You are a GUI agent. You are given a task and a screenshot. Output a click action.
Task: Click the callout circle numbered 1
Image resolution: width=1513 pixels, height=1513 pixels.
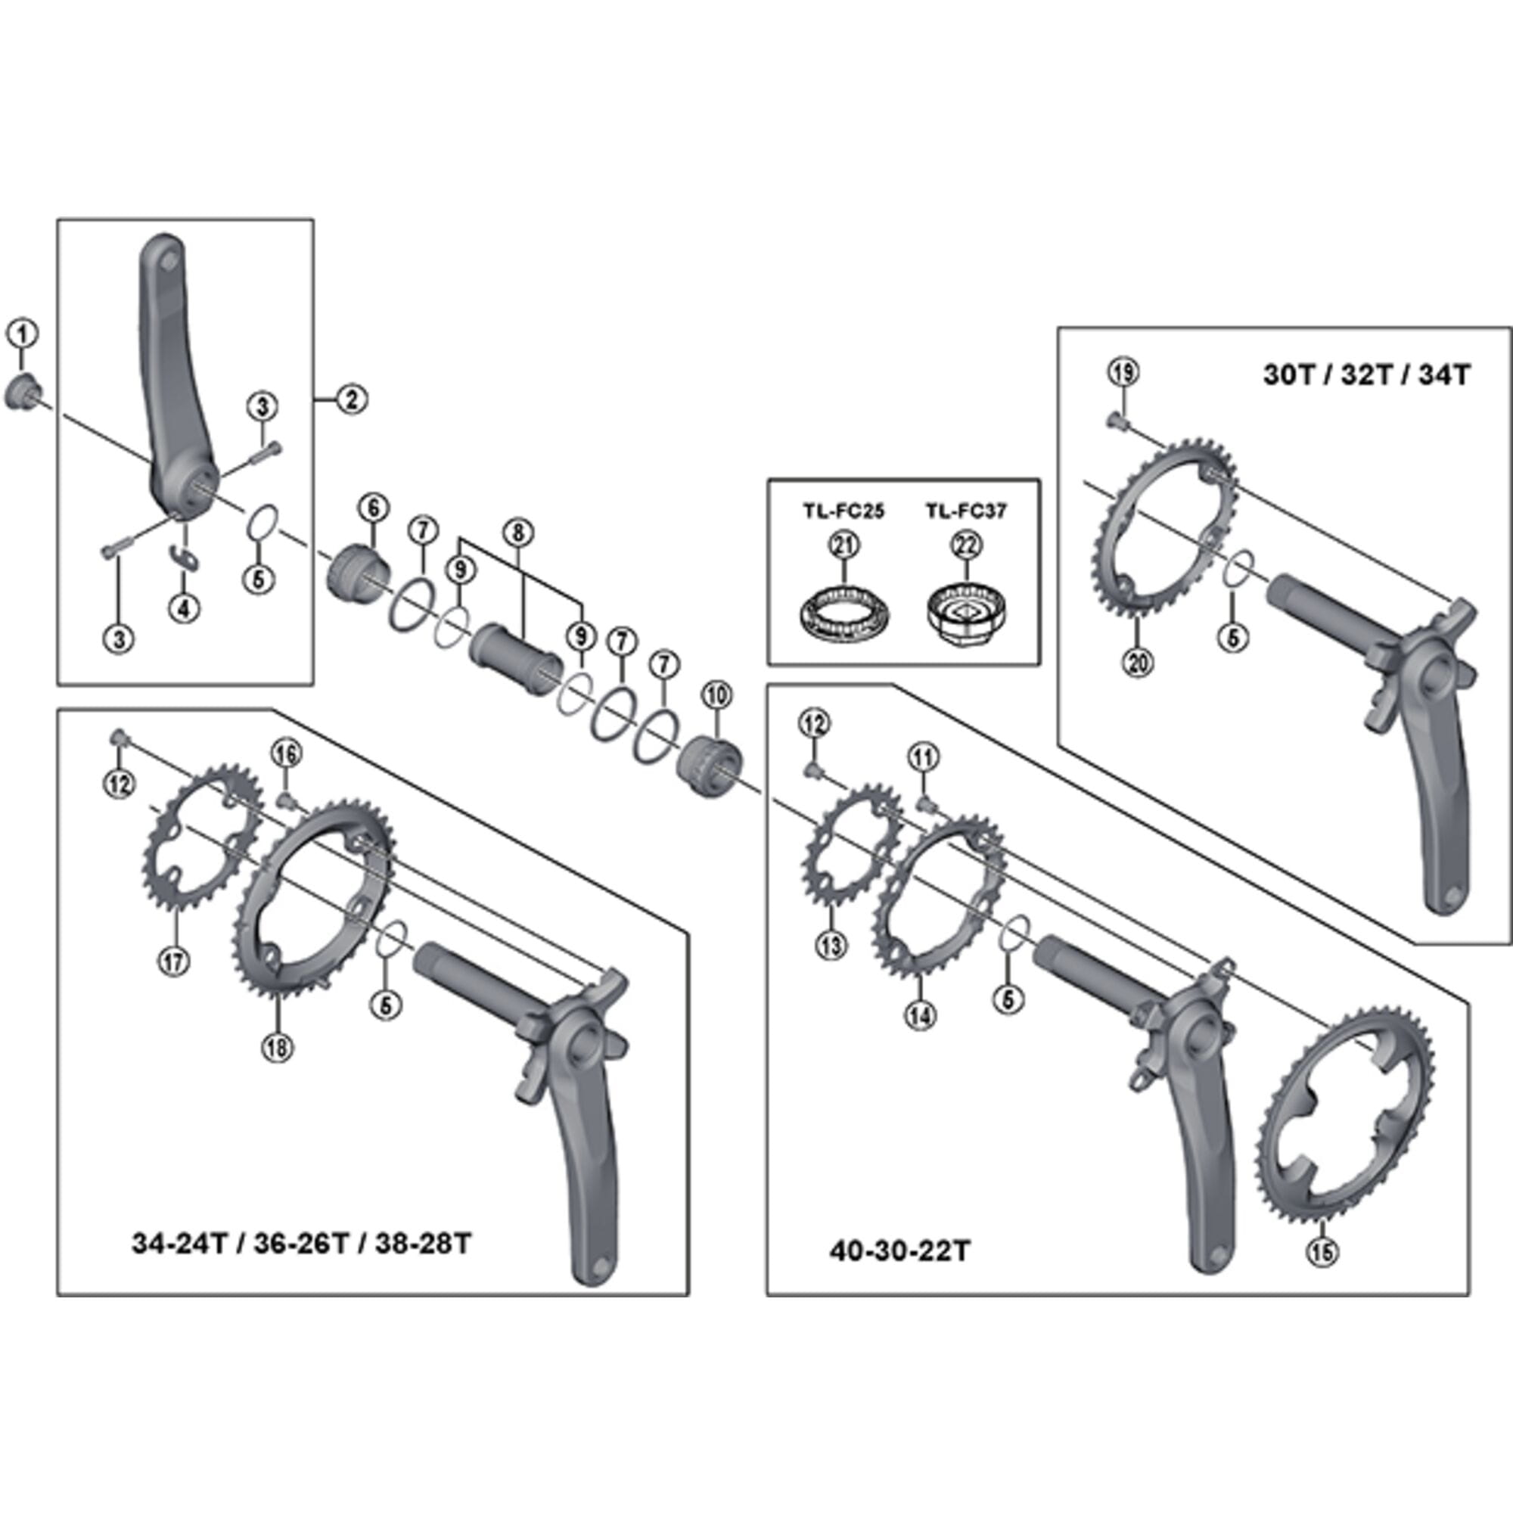[23, 334]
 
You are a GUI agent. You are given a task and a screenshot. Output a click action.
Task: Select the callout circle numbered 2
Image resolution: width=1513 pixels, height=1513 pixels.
[352, 399]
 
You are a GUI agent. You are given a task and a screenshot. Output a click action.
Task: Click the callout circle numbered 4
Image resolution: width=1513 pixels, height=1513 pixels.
[184, 607]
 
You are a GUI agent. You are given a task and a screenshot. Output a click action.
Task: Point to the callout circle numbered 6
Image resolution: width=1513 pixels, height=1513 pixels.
[374, 508]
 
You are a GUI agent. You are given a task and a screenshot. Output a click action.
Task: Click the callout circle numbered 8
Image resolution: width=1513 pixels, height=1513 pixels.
[517, 533]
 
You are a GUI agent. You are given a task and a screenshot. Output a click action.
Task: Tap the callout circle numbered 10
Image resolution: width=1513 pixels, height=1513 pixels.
[717, 694]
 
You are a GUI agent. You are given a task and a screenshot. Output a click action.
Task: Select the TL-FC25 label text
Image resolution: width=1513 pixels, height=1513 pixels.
[843, 511]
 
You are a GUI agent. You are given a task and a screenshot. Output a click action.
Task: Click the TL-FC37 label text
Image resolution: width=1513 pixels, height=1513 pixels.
[965, 511]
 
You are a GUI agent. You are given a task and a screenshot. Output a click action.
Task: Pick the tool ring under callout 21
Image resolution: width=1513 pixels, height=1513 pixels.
[844, 615]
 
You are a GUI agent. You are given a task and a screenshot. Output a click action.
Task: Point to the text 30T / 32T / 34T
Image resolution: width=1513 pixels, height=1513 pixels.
[1366, 374]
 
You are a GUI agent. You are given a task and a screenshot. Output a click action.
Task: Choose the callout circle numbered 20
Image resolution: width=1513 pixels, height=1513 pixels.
[1137, 663]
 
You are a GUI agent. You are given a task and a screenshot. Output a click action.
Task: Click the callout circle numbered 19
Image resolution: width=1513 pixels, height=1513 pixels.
[1123, 372]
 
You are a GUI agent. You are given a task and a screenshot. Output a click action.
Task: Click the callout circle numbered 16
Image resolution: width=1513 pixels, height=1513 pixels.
[286, 754]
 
